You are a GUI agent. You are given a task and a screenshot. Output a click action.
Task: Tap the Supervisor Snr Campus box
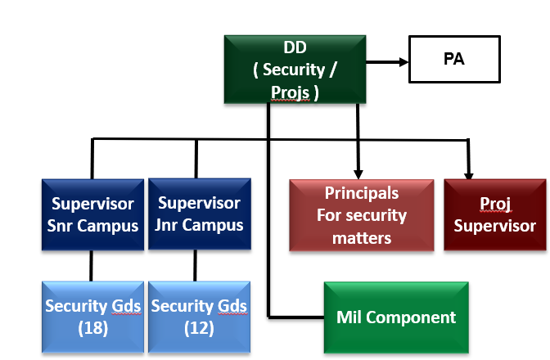pyautogui.click(x=93, y=214)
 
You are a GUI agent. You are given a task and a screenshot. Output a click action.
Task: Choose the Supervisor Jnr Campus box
pyautogui.click(x=199, y=214)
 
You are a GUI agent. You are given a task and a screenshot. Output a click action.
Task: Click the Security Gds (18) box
pyautogui.click(x=93, y=316)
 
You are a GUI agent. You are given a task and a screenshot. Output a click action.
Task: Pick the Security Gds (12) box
pyautogui.click(x=199, y=316)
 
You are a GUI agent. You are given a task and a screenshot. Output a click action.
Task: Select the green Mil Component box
pyautogui.click(x=397, y=317)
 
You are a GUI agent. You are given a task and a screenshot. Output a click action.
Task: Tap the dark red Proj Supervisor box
pyautogui.click(x=495, y=215)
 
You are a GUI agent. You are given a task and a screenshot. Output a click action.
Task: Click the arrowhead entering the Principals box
pyautogui.click(x=357, y=173)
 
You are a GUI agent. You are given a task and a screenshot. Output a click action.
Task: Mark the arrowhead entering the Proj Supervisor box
pyautogui.click(x=468, y=173)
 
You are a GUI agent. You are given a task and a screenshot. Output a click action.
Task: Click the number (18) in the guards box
pyautogui.click(x=93, y=327)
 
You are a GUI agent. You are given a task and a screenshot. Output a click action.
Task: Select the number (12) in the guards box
pyautogui.click(x=199, y=327)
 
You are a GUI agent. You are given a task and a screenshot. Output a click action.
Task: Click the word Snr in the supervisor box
pyautogui.click(x=65, y=225)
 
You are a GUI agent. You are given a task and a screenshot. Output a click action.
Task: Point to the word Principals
pyautogui.click(x=362, y=193)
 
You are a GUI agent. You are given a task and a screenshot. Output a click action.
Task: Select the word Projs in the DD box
pyautogui.click(x=291, y=92)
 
